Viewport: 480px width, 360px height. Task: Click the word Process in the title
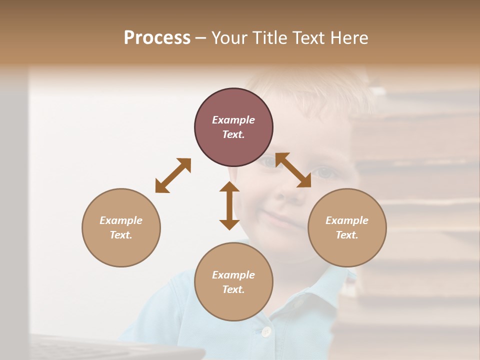pyautogui.click(x=157, y=38)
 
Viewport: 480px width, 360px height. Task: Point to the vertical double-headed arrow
pyautogui.click(x=229, y=206)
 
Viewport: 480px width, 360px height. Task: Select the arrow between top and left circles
pyautogui.click(x=173, y=175)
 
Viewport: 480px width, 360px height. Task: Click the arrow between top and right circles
pyautogui.click(x=293, y=170)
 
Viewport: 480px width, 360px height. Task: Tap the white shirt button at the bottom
pyautogui.click(x=266, y=331)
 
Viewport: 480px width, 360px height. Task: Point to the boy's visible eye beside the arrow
pyautogui.click(x=325, y=173)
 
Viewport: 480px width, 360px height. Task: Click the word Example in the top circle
pyautogui.click(x=233, y=120)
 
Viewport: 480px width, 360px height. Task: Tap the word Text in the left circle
pyautogui.click(x=121, y=235)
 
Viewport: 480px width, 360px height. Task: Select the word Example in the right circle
pyautogui.click(x=347, y=220)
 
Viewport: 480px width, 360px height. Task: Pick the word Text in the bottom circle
pyautogui.click(x=233, y=289)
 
